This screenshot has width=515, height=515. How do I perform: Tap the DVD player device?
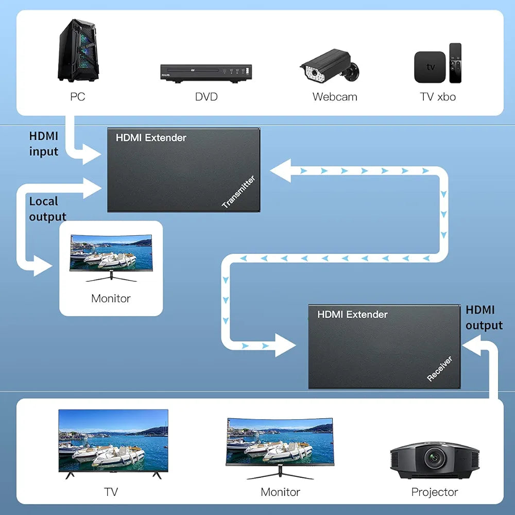click(207, 73)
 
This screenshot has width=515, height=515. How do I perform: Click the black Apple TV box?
click(430, 67)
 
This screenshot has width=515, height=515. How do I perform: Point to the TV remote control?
click(455, 63)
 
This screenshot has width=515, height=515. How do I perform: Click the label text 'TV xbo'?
click(438, 97)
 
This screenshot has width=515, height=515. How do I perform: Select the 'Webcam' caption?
click(335, 97)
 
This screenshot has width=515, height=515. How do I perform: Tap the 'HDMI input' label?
click(44, 144)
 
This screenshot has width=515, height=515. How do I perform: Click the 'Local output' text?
click(47, 209)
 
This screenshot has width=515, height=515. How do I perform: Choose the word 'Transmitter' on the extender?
click(238, 192)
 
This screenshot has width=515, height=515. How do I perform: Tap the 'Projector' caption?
click(435, 492)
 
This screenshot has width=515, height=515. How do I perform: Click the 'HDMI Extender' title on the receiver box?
click(352, 314)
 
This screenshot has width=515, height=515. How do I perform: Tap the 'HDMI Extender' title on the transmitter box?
click(151, 138)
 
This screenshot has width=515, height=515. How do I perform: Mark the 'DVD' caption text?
click(206, 97)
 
